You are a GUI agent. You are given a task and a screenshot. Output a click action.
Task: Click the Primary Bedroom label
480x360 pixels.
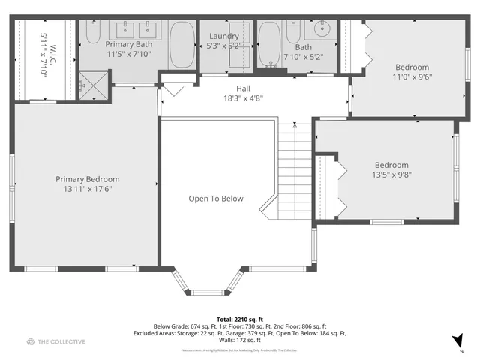click(x=87, y=179)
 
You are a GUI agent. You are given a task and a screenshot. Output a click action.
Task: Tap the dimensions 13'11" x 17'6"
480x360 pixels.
click(x=87, y=190)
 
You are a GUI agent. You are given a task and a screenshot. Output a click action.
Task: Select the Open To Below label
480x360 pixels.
click(x=215, y=199)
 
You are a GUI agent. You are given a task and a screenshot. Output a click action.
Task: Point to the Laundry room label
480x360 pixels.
click(x=224, y=36)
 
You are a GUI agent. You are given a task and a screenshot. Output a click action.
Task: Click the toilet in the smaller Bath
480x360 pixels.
click(x=295, y=33)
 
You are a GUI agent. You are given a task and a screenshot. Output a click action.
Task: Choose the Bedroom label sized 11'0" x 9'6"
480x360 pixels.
click(x=412, y=67)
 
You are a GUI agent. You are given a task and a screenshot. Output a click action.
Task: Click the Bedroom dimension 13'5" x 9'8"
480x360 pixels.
click(x=391, y=175)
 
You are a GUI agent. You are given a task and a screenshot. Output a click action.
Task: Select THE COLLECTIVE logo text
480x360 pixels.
click(x=61, y=341)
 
